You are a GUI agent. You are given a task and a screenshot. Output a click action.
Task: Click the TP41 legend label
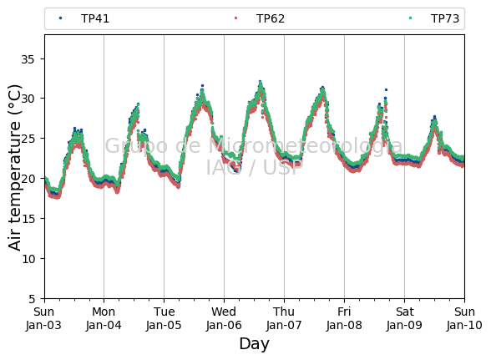(95, 18)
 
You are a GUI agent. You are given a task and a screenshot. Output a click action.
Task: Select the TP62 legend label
(271, 18)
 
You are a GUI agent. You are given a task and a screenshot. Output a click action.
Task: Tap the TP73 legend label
(445, 18)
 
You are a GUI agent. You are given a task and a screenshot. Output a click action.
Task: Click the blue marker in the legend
(60, 18)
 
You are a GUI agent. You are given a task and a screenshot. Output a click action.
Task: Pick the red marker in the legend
(235, 18)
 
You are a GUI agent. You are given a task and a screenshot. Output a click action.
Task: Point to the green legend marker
(411, 18)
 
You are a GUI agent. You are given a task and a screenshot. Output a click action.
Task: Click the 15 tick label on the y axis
(28, 219)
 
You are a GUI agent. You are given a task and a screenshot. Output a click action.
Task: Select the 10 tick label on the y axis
(28, 259)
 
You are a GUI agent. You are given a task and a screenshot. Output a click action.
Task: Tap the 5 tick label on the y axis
(32, 299)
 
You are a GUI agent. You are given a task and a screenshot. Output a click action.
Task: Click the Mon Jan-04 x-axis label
(104, 318)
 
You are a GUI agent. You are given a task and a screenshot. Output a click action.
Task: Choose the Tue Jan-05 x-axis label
(164, 318)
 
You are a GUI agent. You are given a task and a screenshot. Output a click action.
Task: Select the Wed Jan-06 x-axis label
(224, 318)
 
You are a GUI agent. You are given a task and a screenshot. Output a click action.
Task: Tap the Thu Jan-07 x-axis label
(284, 318)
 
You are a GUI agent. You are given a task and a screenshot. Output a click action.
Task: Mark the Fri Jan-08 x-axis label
(344, 318)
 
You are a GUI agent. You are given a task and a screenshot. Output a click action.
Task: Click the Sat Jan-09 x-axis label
(404, 318)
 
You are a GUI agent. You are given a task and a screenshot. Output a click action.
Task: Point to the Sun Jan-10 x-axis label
(464, 318)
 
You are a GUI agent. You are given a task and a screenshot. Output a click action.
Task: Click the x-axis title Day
(254, 344)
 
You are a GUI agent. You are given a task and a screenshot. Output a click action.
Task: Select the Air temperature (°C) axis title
(15, 168)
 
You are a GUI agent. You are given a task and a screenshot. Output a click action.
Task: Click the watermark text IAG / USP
(254, 167)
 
